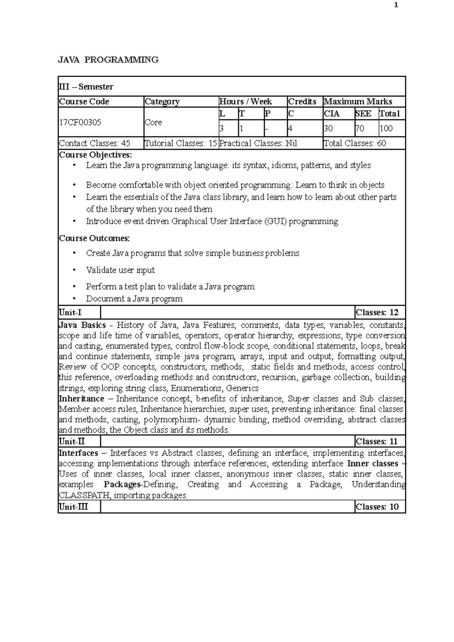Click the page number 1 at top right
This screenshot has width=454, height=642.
tap(396, 5)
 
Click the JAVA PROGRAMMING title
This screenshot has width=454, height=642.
tap(108, 60)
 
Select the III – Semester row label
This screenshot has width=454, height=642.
tap(86, 87)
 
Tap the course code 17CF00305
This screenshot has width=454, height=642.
tap(80, 122)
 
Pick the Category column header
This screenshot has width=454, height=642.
tap(162, 102)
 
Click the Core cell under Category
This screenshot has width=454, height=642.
tap(154, 122)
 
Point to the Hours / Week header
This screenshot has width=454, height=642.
tap(246, 102)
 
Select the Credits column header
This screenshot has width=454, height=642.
tap(302, 102)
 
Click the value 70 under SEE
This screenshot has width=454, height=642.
tap(360, 129)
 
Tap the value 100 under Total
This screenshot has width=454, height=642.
tap(386, 129)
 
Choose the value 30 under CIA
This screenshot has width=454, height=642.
tap(328, 129)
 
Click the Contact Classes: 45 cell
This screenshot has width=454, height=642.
tap(95, 143)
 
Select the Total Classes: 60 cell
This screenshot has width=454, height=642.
tap(355, 143)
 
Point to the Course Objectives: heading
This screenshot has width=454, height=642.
tap(96, 155)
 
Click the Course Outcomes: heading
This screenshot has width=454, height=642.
tap(95, 239)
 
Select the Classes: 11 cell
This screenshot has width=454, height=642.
tap(377, 442)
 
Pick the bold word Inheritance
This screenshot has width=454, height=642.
tap(81, 399)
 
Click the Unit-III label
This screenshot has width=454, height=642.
tap(74, 507)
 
